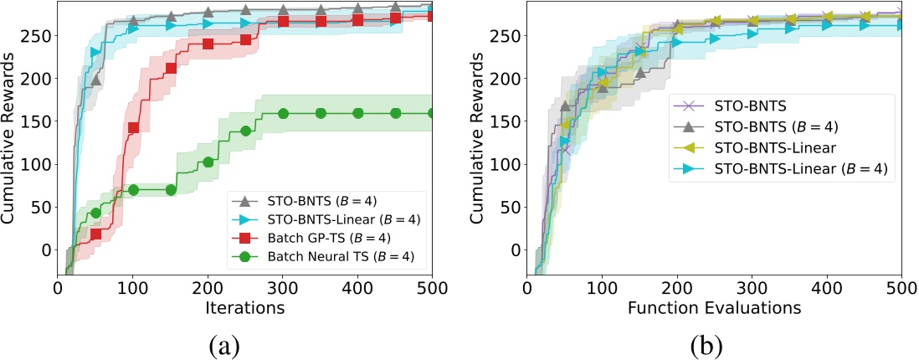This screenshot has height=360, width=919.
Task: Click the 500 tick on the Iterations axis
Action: tap(432, 287)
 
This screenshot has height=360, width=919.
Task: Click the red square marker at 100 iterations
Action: tap(133, 128)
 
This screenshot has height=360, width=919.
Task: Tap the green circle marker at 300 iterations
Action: tap(283, 113)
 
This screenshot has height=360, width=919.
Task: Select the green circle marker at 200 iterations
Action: tap(208, 162)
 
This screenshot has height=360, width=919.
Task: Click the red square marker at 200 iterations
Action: tap(208, 44)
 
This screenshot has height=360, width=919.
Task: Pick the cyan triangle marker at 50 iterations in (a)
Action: tap(95, 53)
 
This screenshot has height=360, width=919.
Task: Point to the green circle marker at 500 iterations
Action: tap(432, 113)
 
